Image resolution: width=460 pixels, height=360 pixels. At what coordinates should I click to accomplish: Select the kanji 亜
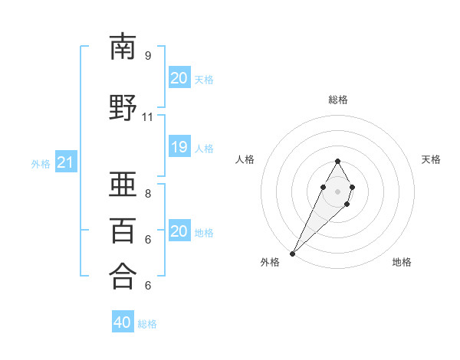click(123, 184)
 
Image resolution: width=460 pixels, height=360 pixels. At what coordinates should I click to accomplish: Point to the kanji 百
click(123, 231)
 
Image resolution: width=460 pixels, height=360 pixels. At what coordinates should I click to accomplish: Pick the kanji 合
click(123, 276)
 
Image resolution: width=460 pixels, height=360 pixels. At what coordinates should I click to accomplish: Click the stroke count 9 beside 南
click(147, 55)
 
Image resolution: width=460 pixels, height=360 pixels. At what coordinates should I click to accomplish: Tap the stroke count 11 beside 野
click(147, 117)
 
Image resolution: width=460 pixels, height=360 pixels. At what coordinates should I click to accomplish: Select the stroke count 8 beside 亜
click(147, 193)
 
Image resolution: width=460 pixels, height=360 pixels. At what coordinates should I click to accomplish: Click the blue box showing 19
click(179, 147)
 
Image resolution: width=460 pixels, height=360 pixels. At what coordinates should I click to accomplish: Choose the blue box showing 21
click(65, 162)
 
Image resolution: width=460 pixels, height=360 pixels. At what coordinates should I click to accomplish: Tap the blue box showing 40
click(123, 322)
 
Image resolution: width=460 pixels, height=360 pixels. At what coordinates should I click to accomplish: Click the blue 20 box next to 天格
click(179, 78)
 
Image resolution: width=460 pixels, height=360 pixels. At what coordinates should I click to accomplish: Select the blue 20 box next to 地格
click(179, 231)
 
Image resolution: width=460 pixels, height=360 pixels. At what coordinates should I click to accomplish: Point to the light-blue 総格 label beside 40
click(147, 324)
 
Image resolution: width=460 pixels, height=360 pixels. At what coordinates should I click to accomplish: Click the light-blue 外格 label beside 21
click(41, 164)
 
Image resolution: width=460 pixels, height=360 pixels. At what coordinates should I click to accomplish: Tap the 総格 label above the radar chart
click(338, 100)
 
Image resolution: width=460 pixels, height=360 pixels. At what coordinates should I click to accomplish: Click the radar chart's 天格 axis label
click(431, 159)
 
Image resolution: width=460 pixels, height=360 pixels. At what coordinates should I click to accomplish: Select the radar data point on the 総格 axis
click(338, 161)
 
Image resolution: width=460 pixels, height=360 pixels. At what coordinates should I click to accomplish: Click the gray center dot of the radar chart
click(338, 191)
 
